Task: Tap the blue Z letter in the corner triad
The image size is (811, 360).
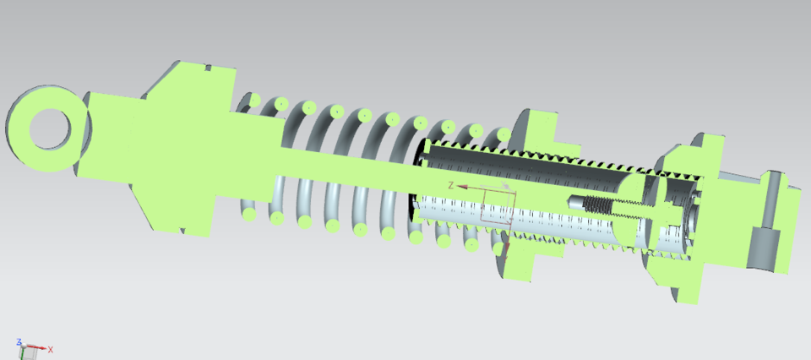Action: [x=19, y=341]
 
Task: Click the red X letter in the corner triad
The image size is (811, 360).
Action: [x=51, y=349]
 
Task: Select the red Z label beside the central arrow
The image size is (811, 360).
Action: [x=451, y=184]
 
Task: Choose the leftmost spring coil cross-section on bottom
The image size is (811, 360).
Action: [x=250, y=215]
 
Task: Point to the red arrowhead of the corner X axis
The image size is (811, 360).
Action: [x=44, y=347]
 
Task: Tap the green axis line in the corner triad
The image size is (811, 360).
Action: [x=22, y=346]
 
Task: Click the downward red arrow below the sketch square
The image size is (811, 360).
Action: [x=505, y=249]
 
